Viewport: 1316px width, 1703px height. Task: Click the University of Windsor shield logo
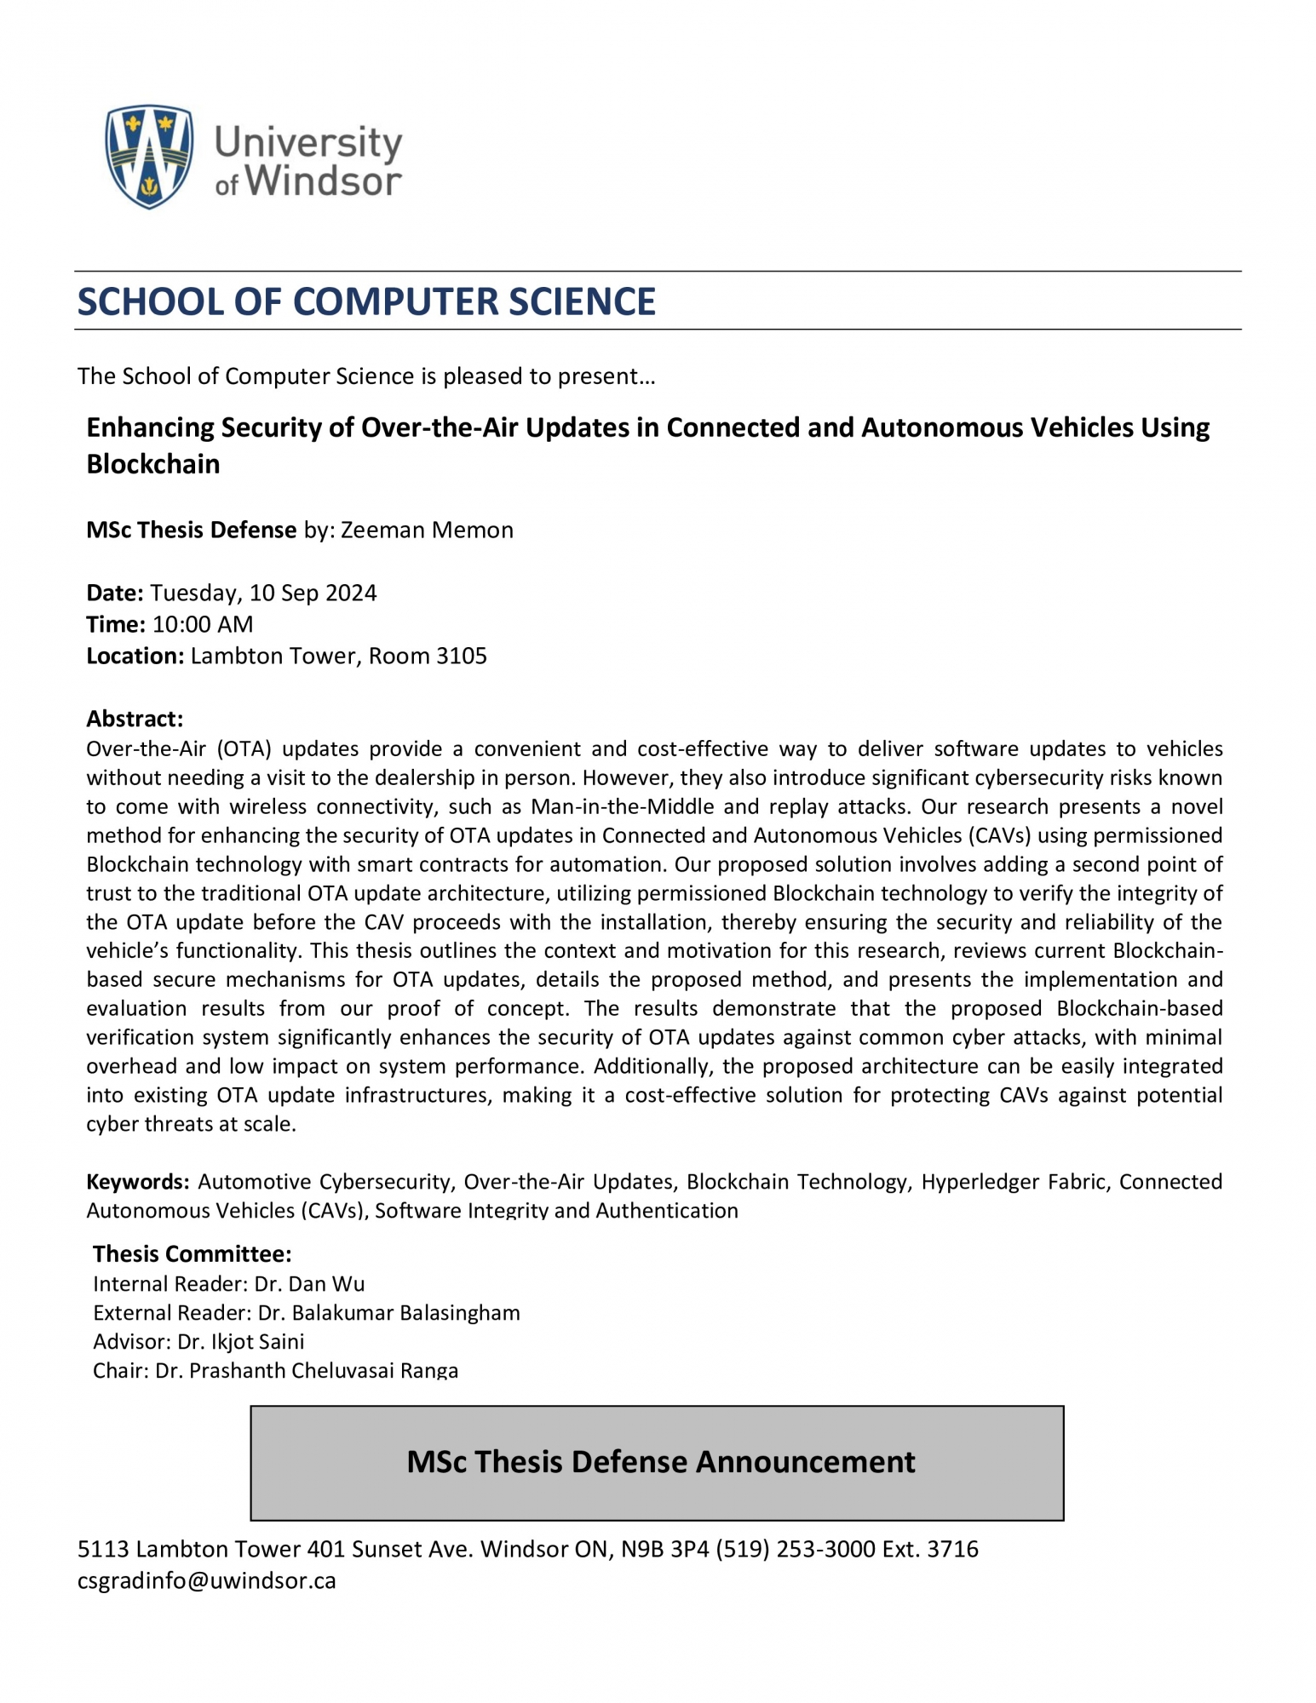click(149, 156)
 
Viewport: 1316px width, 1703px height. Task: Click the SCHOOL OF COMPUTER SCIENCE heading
click(366, 301)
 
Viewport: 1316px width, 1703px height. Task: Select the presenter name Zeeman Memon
click(427, 530)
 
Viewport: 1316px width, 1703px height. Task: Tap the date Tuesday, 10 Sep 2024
click(263, 593)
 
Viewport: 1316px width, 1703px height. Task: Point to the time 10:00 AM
click(203, 624)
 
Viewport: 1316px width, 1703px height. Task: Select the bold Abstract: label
click(135, 719)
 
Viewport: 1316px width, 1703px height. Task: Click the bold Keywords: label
click(137, 1181)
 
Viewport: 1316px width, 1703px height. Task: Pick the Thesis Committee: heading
click(192, 1253)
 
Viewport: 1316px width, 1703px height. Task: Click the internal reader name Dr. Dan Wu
click(309, 1283)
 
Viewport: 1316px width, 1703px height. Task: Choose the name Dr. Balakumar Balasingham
click(388, 1312)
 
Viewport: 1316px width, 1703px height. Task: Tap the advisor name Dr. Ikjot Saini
click(241, 1341)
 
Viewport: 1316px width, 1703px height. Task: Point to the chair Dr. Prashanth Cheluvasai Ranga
click(307, 1370)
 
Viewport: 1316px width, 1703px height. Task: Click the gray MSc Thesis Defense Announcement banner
click(657, 1462)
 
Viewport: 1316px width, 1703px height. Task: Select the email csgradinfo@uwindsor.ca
click(207, 1580)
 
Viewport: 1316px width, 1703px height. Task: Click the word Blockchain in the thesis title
click(153, 463)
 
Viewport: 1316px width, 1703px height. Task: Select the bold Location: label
click(135, 656)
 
